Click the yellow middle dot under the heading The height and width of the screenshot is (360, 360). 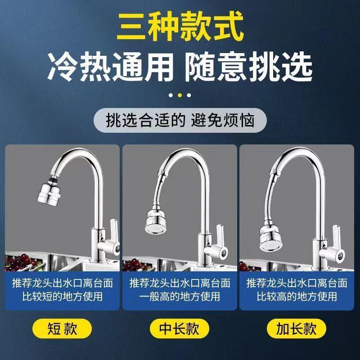coord(180,95)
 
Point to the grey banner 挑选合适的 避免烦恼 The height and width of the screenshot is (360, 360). coord(180,121)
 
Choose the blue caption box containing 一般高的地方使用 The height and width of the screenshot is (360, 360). coord(180,290)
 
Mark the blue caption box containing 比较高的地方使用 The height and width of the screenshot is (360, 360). coord(297,290)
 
